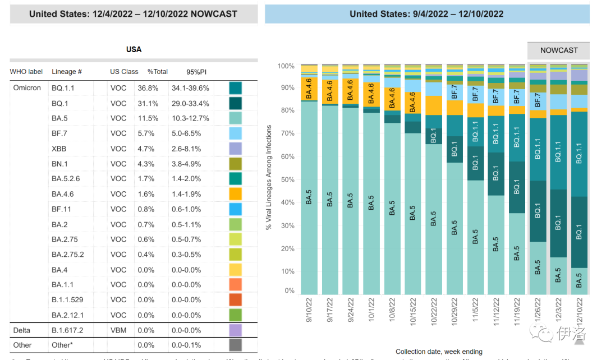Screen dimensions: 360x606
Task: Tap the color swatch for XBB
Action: [x=235, y=149]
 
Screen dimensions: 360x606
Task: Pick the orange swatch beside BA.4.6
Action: [x=235, y=194]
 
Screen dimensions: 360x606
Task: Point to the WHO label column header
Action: [x=26, y=72]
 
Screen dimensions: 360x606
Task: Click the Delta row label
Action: [x=22, y=330]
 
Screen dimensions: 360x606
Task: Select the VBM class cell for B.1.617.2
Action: [x=118, y=330]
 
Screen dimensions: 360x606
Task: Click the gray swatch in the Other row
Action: [x=235, y=345]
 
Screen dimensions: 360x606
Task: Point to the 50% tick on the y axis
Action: [x=287, y=180]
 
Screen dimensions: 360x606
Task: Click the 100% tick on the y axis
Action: [x=286, y=66]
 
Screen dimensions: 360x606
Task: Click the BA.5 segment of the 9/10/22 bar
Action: [x=309, y=199]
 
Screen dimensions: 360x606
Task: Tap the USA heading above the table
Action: [x=134, y=49]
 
